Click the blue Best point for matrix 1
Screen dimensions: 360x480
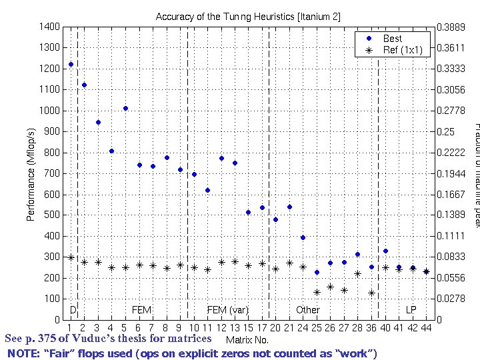pos(71,65)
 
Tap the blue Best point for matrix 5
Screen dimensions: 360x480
pos(125,108)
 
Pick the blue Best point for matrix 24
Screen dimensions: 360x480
pos(303,237)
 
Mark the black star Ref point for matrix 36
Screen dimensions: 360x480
pos(371,293)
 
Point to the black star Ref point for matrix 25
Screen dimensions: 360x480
pos(317,292)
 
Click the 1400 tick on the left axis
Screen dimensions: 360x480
pos(51,26)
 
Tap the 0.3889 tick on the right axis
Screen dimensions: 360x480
pos(447,26)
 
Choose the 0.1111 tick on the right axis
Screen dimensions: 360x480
pos(447,236)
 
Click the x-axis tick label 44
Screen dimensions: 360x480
pos(426,328)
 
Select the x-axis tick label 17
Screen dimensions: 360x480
pos(262,328)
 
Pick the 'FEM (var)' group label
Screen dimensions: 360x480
pos(227,310)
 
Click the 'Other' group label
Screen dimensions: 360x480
pos(308,310)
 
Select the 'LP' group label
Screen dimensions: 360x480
pos(411,310)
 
